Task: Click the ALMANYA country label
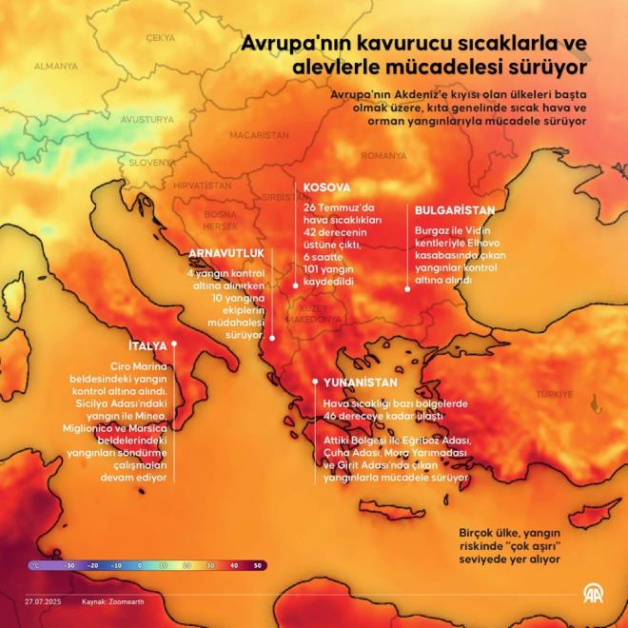click(56, 66)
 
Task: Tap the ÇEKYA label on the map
click(161, 37)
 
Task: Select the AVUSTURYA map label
click(147, 120)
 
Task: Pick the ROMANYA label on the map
click(383, 155)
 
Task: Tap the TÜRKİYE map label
click(554, 393)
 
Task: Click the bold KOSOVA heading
click(327, 188)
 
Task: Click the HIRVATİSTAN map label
click(204, 186)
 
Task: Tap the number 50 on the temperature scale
click(257, 564)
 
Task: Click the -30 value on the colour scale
click(69, 564)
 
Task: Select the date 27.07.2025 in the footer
click(44, 602)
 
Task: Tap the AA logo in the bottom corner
click(592, 597)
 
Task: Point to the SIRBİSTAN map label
click(282, 196)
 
